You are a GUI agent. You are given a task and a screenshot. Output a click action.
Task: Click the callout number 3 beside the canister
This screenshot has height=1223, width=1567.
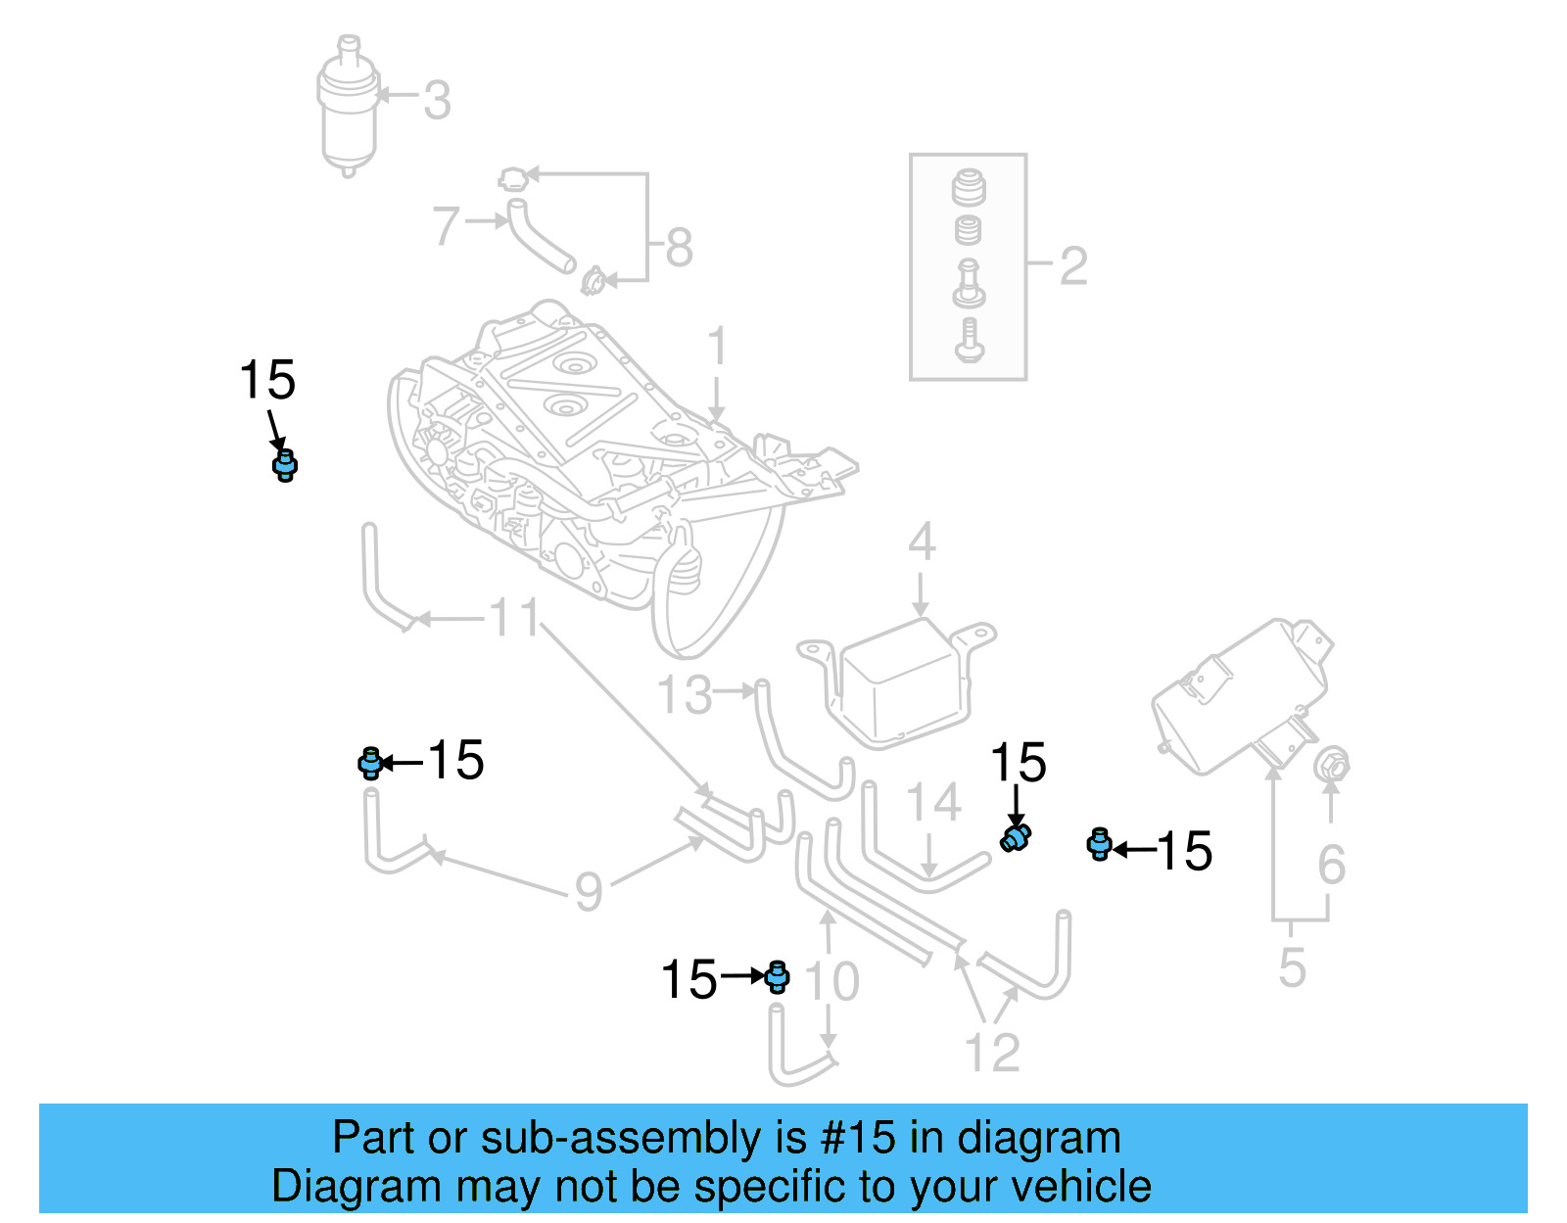click(437, 100)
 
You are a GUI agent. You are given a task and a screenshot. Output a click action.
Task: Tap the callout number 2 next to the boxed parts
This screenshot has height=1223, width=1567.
click(1073, 266)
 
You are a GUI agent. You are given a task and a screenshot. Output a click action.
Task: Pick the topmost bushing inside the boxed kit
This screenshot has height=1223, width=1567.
click(969, 187)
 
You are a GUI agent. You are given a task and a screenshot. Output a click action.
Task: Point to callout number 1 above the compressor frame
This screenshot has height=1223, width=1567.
click(717, 347)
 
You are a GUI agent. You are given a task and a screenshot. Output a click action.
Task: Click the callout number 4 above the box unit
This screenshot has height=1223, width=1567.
click(921, 541)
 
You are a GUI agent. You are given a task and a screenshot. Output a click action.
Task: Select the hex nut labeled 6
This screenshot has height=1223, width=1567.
click(1332, 765)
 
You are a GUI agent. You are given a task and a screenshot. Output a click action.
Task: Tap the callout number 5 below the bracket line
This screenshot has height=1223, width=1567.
click(1292, 967)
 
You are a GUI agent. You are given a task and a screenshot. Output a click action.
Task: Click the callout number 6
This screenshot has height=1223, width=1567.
click(1331, 865)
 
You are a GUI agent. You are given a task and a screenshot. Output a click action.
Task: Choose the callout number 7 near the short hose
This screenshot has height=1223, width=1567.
click(446, 226)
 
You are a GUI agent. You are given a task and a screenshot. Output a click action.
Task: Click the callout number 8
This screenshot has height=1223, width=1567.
click(679, 248)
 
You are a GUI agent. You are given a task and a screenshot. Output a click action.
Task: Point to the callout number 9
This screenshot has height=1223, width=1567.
click(588, 891)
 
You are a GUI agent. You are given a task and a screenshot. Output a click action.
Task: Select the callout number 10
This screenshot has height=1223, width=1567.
click(832, 981)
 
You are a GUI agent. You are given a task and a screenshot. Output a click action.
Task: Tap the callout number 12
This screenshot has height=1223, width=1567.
click(992, 1053)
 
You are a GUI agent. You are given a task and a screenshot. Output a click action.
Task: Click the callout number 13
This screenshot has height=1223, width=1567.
click(684, 695)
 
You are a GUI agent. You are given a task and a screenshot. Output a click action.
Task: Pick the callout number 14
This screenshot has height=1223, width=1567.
click(932, 803)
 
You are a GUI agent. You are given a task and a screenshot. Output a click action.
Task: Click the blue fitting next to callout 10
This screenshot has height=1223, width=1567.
click(778, 976)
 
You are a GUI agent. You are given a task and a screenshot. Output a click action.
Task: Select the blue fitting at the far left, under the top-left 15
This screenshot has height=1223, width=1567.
click(284, 465)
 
